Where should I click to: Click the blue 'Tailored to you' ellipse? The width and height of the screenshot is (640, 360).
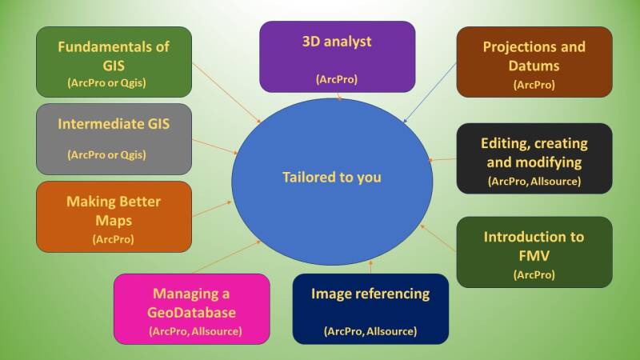(x=331, y=178)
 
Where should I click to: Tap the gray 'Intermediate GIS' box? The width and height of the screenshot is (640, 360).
(x=114, y=138)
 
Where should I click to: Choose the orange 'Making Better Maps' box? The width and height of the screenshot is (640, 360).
(x=114, y=216)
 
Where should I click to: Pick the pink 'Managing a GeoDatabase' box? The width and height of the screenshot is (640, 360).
(x=191, y=309)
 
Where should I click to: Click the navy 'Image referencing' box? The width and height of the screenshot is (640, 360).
(x=370, y=309)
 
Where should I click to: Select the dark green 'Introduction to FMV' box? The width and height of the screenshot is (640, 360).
(x=534, y=252)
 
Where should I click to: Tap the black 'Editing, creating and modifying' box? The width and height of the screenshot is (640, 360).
(x=534, y=158)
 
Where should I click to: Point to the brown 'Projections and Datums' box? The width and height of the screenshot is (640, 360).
(x=534, y=62)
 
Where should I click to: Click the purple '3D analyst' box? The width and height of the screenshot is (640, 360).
(x=337, y=56)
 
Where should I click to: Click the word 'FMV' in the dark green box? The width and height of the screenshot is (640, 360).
(x=534, y=256)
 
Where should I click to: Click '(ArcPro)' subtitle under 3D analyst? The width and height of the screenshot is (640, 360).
(x=337, y=80)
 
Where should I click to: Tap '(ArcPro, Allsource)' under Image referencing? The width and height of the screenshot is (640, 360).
(x=370, y=330)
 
